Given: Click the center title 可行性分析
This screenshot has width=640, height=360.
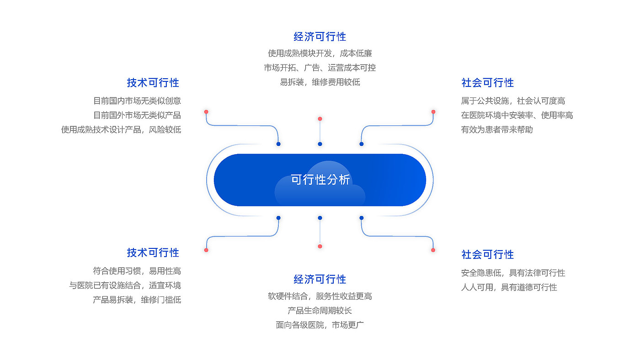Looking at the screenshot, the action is pyautogui.click(x=320, y=180).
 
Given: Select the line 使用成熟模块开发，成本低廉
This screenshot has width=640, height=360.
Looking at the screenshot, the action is pyautogui.click(x=320, y=53).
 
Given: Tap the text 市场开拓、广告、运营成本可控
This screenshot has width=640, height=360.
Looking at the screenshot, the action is pyautogui.click(x=320, y=68).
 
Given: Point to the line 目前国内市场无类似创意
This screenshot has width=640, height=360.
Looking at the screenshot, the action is pyautogui.click(x=137, y=101).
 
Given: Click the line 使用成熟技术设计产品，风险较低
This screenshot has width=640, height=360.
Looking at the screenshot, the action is pyautogui.click(x=121, y=129).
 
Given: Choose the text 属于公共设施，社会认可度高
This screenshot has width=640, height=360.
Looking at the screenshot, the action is pyautogui.click(x=513, y=101).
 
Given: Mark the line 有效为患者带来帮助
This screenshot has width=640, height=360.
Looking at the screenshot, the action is pyautogui.click(x=497, y=129).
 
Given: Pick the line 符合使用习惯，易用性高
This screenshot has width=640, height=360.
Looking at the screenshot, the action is pyautogui.click(x=137, y=271).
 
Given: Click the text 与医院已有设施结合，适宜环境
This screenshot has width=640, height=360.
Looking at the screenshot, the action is pyautogui.click(x=125, y=285).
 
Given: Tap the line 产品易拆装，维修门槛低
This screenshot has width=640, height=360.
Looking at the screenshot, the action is pyautogui.click(x=137, y=300).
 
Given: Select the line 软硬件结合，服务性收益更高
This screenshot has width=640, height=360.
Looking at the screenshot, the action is pyautogui.click(x=320, y=296).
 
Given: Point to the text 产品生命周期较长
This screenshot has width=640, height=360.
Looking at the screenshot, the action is pyautogui.click(x=320, y=311).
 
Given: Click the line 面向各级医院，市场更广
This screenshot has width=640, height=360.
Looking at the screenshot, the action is pyautogui.click(x=320, y=325).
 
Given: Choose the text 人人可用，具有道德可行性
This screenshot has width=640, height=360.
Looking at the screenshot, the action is pyautogui.click(x=509, y=287).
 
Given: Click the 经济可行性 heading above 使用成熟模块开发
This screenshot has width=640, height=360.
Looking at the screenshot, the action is pyautogui.click(x=320, y=37).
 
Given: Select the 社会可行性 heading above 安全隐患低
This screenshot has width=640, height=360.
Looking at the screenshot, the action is pyautogui.click(x=488, y=254).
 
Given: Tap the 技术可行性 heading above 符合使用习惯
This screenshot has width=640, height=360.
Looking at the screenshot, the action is pyautogui.click(x=153, y=253).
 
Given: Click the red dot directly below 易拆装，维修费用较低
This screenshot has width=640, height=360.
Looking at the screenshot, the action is pyautogui.click(x=320, y=118).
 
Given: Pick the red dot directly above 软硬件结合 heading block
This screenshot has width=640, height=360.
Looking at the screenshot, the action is pyautogui.click(x=320, y=246).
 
